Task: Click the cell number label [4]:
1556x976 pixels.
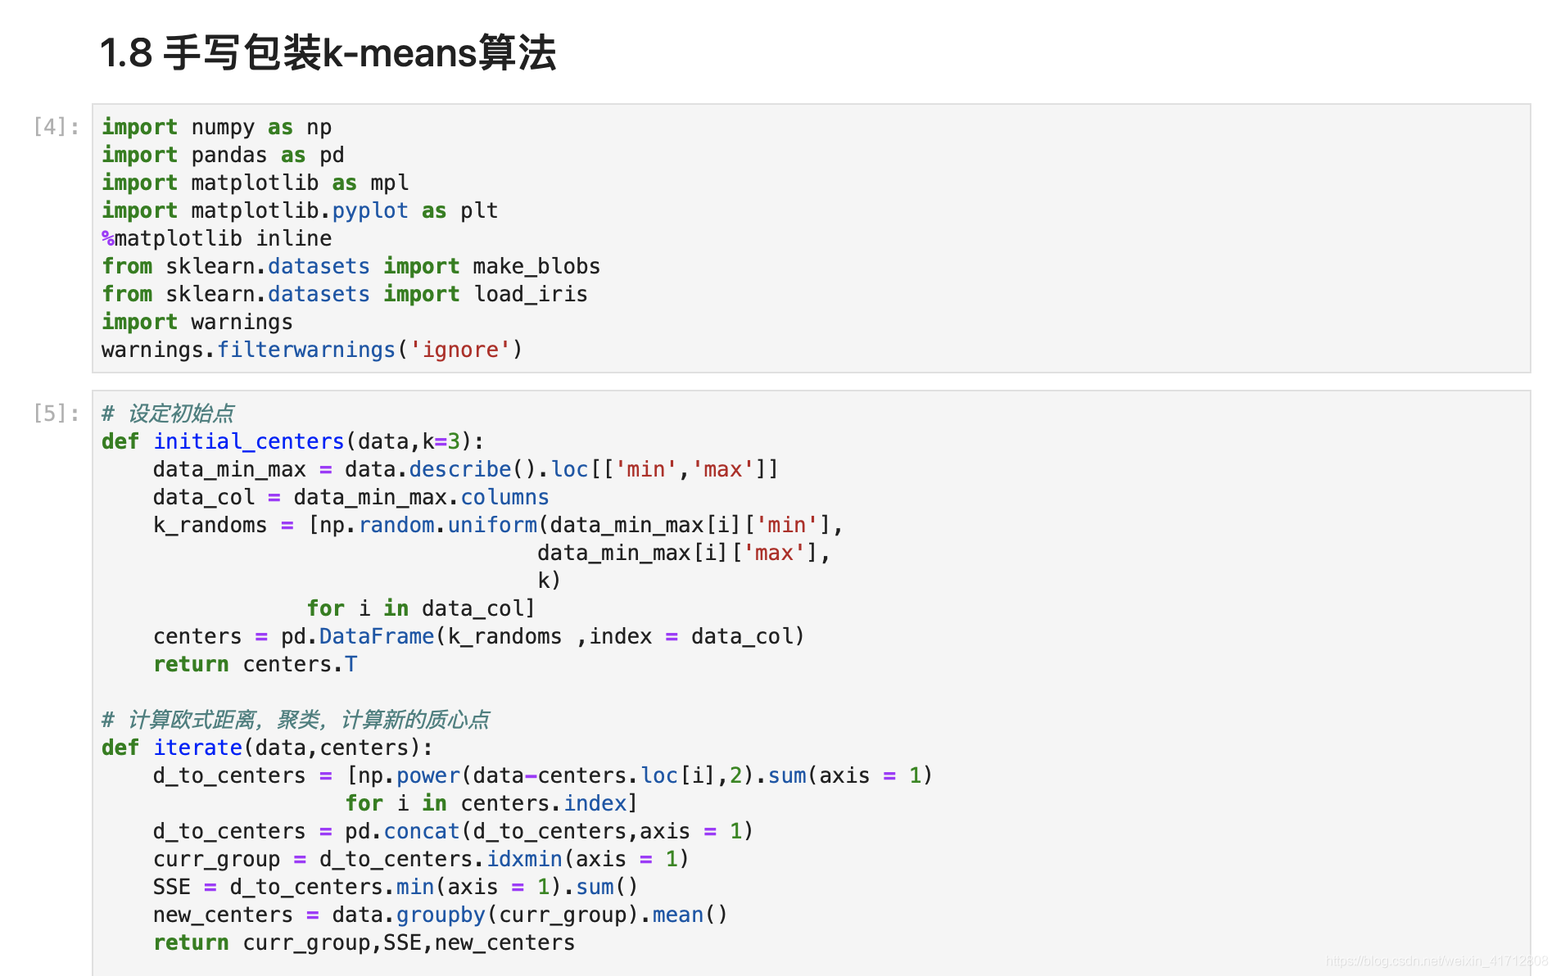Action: point(57,127)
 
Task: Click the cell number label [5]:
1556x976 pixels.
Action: point(57,413)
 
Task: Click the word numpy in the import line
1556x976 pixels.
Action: point(223,127)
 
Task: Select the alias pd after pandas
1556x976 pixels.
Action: point(332,155)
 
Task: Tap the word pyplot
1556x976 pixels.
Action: point(370,210)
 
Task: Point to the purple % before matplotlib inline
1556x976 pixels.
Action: point(108,238)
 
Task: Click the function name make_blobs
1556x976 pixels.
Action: point(536,266)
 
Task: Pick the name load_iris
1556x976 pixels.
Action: point(531,294)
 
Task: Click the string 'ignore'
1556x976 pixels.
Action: point(460,350)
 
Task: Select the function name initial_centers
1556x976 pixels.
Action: point(249,441)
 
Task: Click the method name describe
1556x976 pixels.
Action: point(460,469)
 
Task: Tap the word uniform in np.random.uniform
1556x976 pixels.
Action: point(492,525)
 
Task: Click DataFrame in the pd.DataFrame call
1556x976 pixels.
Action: point(377,636)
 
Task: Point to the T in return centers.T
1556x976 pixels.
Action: point(351,664)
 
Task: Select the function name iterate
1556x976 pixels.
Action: point(197,748)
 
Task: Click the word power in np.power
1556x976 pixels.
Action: point(428,775)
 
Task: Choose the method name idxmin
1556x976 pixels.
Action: point(524,859)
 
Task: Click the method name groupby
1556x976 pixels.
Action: point(441,915)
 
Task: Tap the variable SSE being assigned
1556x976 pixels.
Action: point(172,887)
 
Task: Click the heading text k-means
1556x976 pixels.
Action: point(400,53)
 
